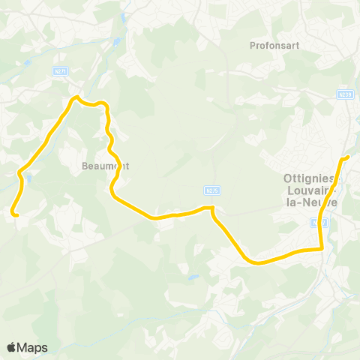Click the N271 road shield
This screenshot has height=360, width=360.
pos(62,70)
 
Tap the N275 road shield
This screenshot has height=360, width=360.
pos(211,190)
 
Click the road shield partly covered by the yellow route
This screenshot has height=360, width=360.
pos(319,222)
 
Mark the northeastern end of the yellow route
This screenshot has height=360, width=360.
pos(347,157)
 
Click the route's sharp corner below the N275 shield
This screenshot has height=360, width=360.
pos(213,207)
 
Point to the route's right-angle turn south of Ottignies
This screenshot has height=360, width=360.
pos(321,248)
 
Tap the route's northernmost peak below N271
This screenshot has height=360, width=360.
pos(75,97)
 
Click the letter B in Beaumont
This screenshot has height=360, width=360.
pos(84,166)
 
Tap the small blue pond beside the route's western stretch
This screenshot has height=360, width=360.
pos(29,178)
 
